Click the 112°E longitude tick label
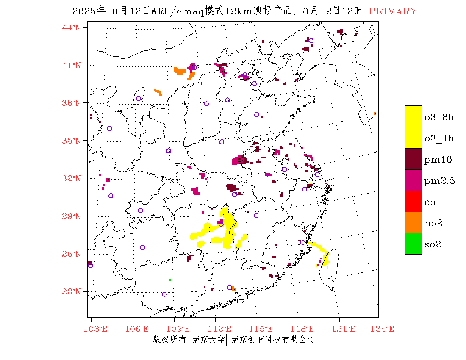tap(222, 329)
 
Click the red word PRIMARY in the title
tap(393, 11)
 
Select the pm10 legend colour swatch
tap(413, 159)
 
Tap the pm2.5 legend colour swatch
tap(413, 180)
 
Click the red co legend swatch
tap(413, 201)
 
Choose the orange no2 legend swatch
tap(413, 222)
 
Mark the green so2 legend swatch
tap(413, 244)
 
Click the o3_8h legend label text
tap(439, 117)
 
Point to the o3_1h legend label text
tap(439, 138)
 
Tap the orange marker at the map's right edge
tap(375, 113)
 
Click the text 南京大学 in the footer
tap(208, 339)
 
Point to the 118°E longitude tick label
tap(304, 329)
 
